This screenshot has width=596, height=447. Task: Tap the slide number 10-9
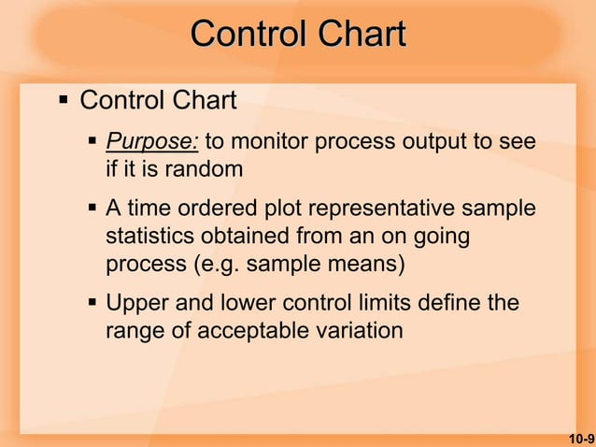580,437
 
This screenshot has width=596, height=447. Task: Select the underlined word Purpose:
151,143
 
